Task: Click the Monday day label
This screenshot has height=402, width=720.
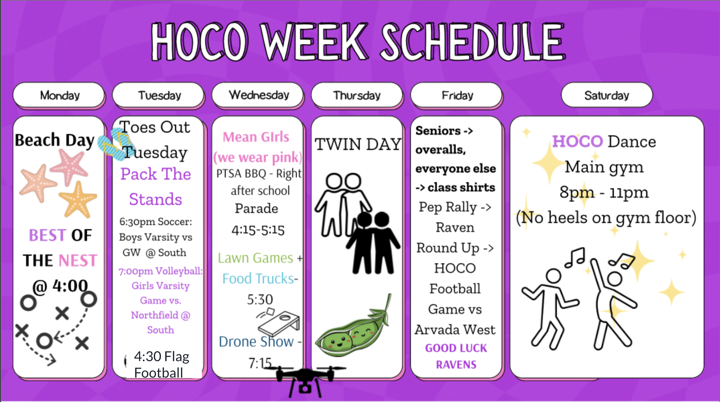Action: coord(60,95)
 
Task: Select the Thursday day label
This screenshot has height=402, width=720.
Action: coord(357,95)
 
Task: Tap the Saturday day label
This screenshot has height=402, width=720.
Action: coord(607,95)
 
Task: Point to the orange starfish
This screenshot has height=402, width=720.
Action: coord(78,200)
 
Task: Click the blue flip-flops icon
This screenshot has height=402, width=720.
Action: coord(114,144)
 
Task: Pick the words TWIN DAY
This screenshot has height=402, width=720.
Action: coord(358,144)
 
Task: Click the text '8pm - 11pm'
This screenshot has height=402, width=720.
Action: coord(604,192)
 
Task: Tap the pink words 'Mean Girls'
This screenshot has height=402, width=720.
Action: coord(256,137)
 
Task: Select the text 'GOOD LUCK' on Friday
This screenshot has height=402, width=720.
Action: coord(456,348)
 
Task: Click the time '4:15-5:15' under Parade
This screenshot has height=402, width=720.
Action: coord(258,230)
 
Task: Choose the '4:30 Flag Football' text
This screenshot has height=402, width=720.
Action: coord(161,365)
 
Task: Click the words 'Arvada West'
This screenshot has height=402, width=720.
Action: coord(455,330)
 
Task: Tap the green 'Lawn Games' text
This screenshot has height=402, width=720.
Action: coord(255,258)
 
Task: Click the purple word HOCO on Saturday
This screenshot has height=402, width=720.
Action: coord(577,141)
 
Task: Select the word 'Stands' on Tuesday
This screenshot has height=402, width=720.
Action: coord(156,199)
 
